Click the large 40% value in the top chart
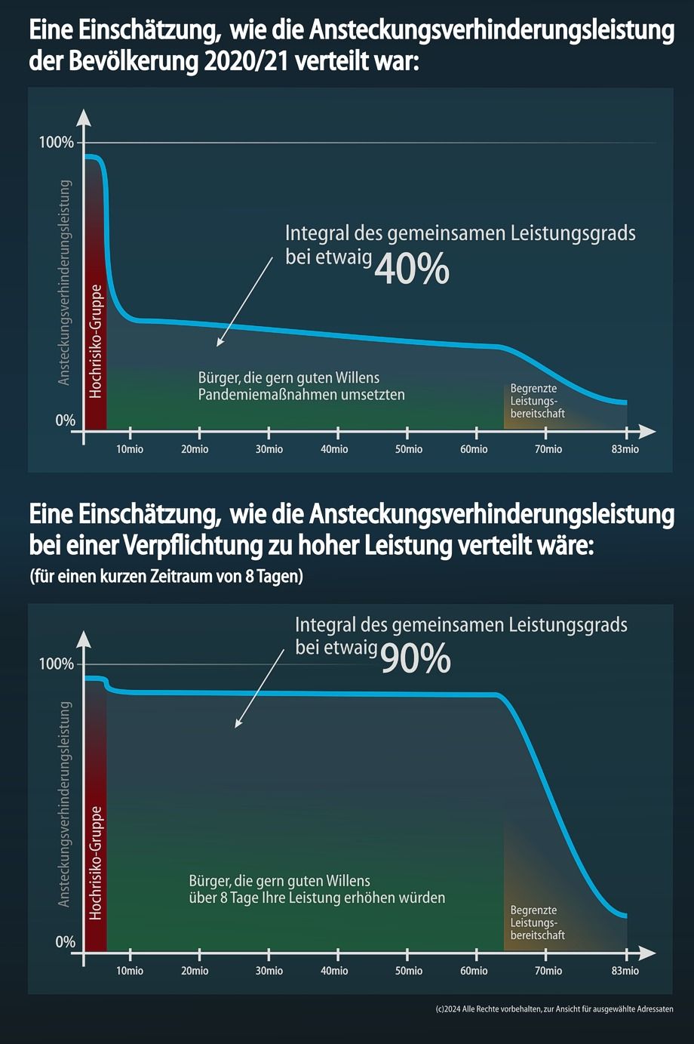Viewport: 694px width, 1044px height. pyautogui.click(x=411, y=269)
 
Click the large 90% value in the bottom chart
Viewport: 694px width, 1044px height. pyautogui.click(x=415, y=658)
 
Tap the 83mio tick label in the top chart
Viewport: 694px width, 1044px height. pyautogui.click(x=625, y=449)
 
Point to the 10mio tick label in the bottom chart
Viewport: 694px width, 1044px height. pyautogui.click(x=130, y=971)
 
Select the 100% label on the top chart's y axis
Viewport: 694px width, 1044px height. pyautogui.click(x=57, y=143)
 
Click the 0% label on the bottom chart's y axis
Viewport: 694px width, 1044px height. pyautogui.click(x=66, y=942)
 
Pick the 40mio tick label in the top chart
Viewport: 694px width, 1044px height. pyautogui.click(x=334, y=449)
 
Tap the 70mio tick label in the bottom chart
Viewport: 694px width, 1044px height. pyautogui.click(x=548, y=971)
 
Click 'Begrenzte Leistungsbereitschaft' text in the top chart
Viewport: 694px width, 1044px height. pyautogui.click(x=537, y=401)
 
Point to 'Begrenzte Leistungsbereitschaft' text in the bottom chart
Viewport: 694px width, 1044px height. pyautogui.click(x=537, y=922)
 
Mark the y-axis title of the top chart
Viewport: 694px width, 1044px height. pyautogui.click(x=65, y=282)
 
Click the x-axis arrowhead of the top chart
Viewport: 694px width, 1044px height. pyautogui.click(x=647, y=431)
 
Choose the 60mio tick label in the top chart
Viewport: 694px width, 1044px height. pyautogui.click(x=474, y=449)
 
